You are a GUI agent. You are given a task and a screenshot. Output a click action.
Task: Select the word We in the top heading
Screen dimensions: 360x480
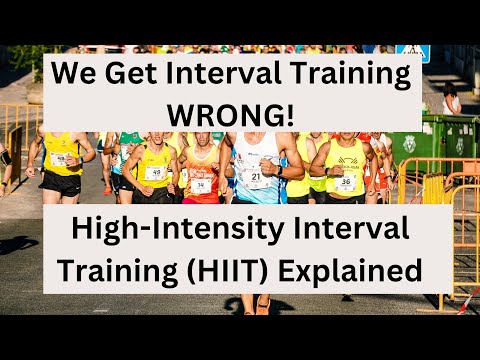click(x=74, y=74)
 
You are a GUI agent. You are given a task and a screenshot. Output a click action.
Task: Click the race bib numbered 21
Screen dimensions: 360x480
click(x=257, y=178)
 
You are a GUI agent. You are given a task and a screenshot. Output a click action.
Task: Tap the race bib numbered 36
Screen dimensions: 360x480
click(x=346, y=181)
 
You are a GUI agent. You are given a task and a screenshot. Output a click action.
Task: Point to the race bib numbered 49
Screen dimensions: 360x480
click(x=155, y=172)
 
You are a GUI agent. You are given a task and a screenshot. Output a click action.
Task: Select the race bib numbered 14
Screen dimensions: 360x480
click(x=201, y=184)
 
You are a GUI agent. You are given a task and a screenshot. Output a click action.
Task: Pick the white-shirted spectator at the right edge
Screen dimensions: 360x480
click(x=452, y=100)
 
